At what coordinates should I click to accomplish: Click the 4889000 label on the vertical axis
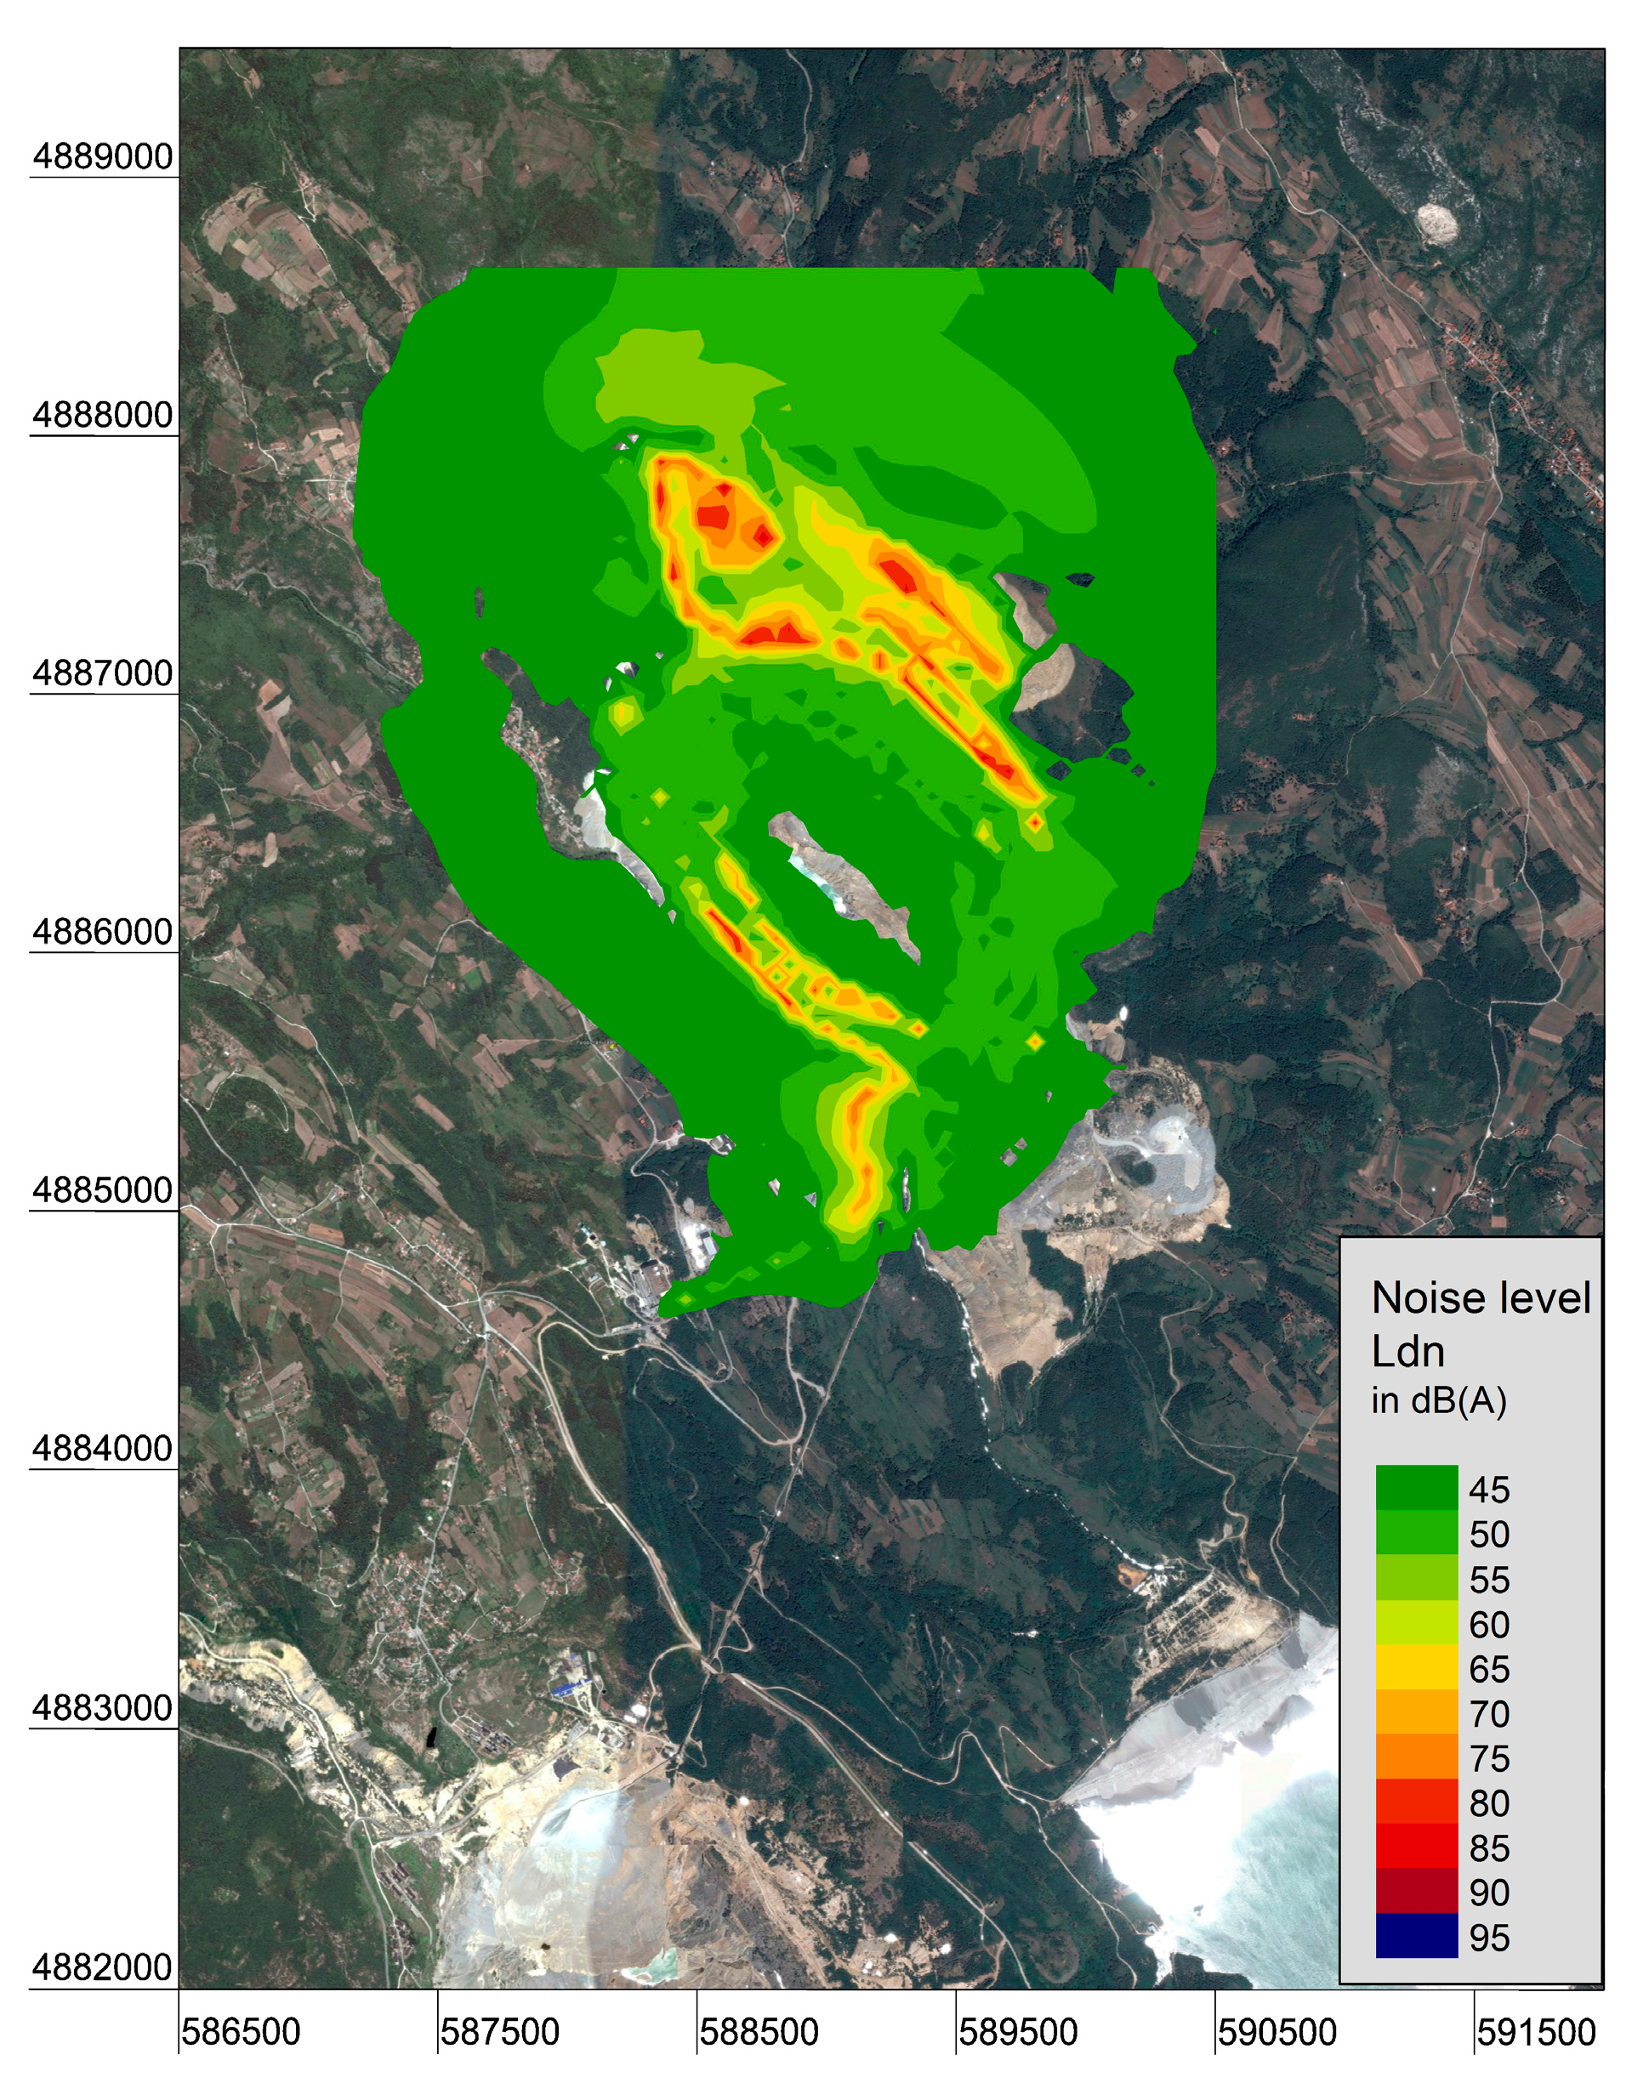[x=102, y=156]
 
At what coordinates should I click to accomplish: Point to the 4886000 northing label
[x=102, y=933]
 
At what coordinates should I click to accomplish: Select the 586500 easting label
[x=241, y=2033]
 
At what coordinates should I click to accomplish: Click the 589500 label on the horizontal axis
[x=1018, y=2033]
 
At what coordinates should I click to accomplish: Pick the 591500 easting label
[x=1535, y=2033]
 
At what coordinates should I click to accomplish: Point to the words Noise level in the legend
[x=1480, y=1298]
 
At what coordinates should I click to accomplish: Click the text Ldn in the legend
[x=1407, y=1352]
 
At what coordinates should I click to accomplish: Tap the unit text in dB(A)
[x=1439, y=1400]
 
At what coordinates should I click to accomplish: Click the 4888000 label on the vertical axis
[x=102, y=415]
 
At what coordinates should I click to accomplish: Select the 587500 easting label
[x=499, y=2033]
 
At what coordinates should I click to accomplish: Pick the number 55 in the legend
[x=1489, y=1580]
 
